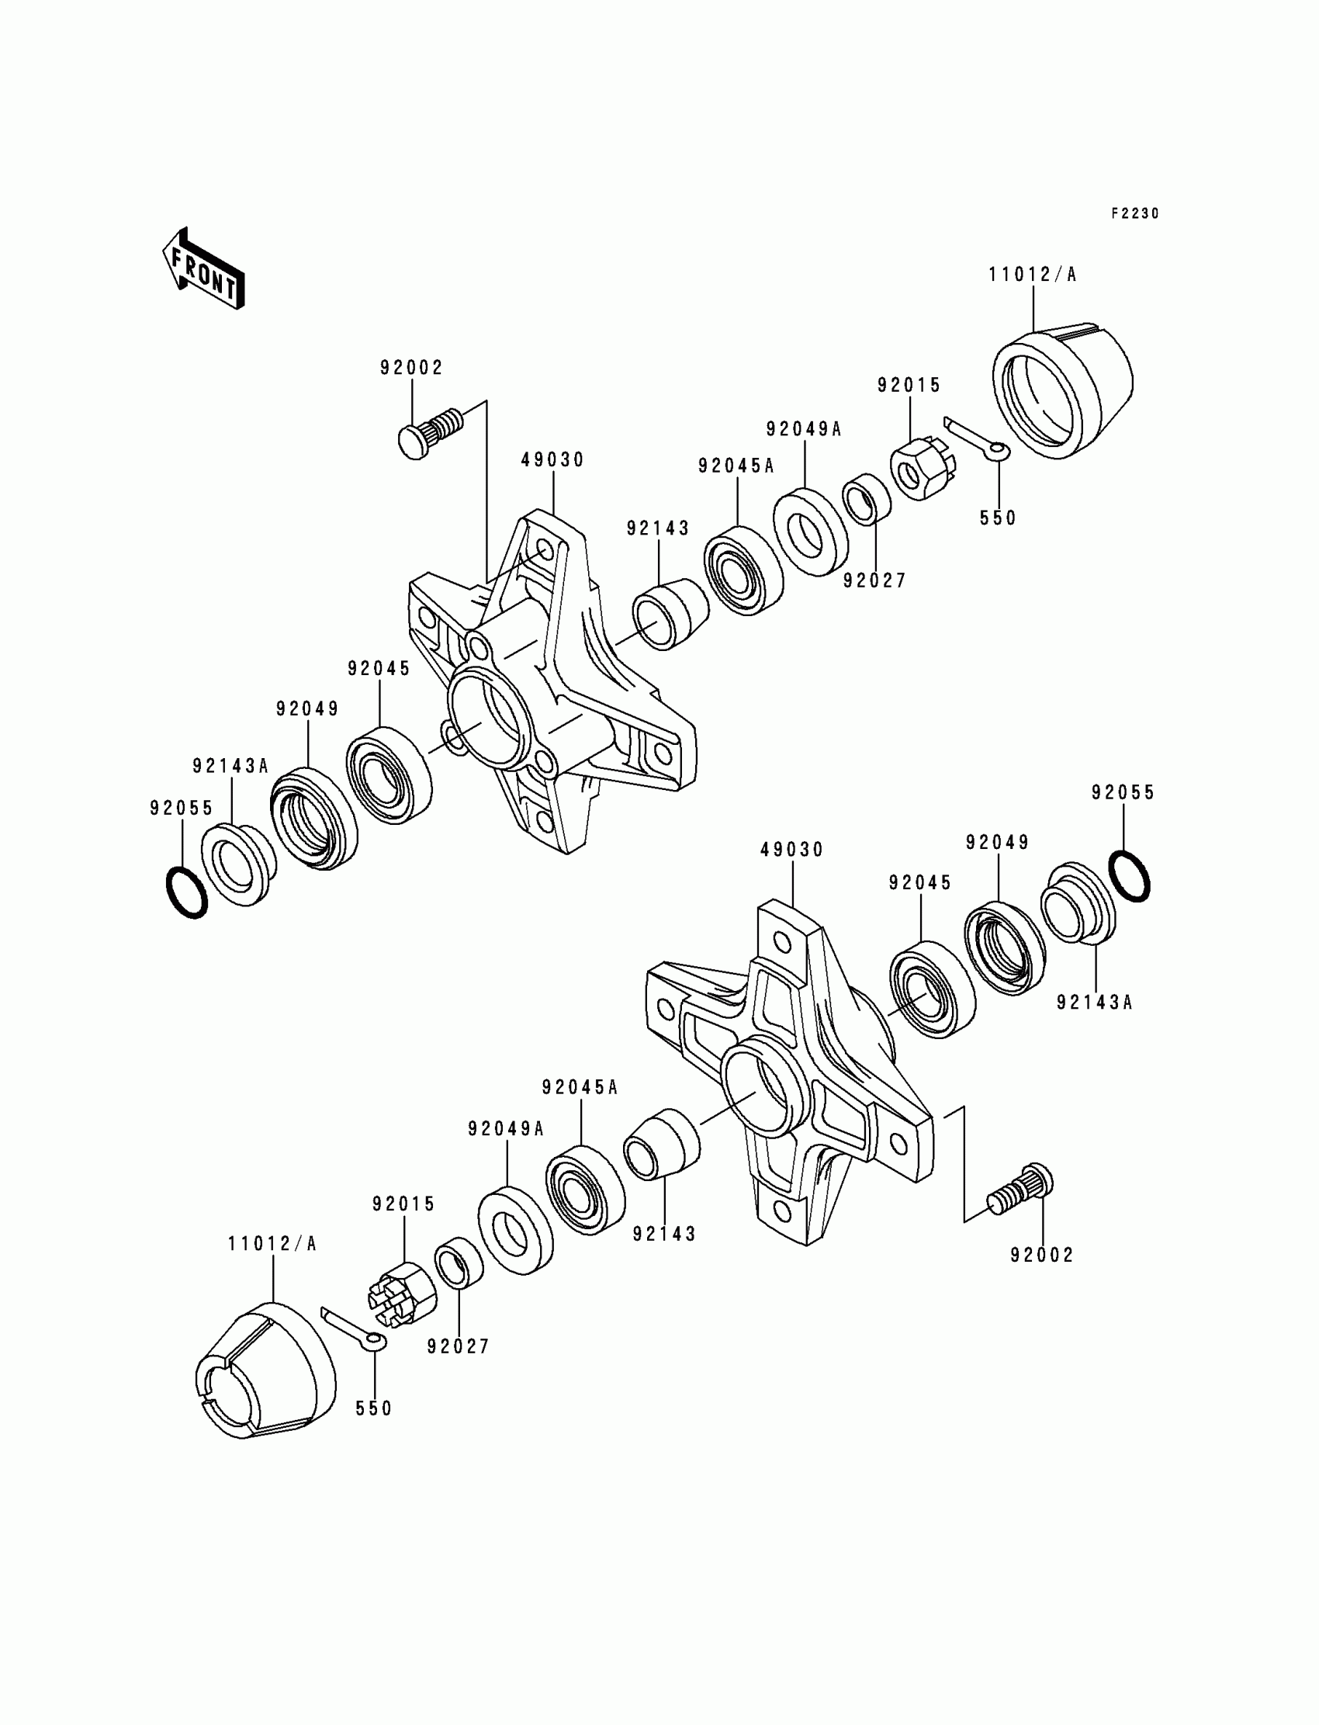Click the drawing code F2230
[1134, 213]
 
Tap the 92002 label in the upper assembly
[411, 368]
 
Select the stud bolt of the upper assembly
[431, 433]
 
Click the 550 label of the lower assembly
[374, 1408]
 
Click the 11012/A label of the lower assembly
[272, 1245]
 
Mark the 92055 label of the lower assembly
[1123, 793]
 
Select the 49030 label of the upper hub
[552, 460]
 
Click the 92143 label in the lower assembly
[664, 1235]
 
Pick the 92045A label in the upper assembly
[736, 466]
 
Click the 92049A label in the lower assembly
[506, 1129]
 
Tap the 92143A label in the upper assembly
[231, 766]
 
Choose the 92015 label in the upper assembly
[909, 386]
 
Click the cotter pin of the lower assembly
[354, 1327]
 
